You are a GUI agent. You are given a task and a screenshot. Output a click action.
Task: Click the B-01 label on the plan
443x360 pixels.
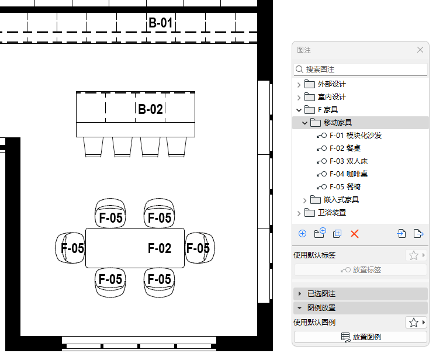click(x=160, y=23)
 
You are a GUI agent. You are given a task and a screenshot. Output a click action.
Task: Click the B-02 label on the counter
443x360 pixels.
click(x=150, y=109)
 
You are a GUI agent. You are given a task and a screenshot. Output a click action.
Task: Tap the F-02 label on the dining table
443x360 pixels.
click(x=160, y=248)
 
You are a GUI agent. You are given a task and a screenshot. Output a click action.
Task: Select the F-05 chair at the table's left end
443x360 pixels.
click(x=72, y=248)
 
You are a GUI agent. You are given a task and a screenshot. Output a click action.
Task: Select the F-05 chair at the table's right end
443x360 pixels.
click(x=198, y=248)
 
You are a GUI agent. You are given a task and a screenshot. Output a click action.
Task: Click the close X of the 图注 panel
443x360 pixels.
click(x=420, y=50)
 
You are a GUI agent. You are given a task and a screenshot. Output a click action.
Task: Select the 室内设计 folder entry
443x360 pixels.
click(x=331, y=97)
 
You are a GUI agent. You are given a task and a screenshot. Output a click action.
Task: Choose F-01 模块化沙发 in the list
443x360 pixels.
click(x=355, y=136)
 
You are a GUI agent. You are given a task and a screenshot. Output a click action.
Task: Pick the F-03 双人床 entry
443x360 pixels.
click(x=348, y=161)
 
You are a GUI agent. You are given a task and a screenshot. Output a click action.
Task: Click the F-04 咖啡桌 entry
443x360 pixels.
click(x=348, y=174)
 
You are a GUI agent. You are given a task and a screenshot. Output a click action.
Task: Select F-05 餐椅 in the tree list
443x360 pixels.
click(x=345, y=187)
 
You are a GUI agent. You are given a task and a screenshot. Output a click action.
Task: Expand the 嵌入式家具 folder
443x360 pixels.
click(x=305, y=200)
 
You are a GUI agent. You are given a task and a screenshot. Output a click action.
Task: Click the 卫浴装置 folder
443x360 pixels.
click(x=331, y=213)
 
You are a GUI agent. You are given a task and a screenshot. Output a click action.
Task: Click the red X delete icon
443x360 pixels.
click(x=354, y=234)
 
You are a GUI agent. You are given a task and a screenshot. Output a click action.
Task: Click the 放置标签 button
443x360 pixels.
click(x=361, y=270)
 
